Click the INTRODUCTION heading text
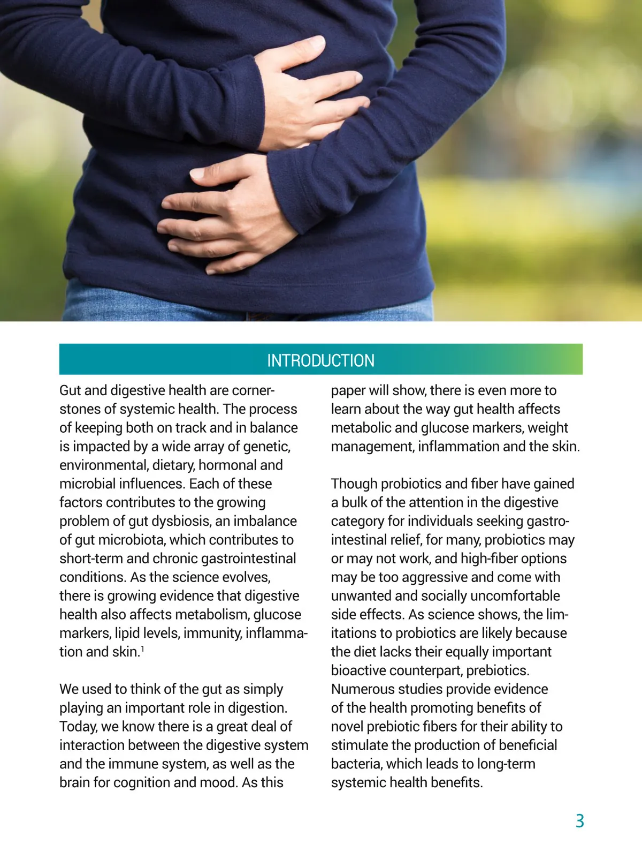(x=320, y=360)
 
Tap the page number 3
(x=579, y=821)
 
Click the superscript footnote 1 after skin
(x=142, y=648)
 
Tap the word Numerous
(x=360, y=689)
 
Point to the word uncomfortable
(x=516, y=596)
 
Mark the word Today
(x=78, y=727)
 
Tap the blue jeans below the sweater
(x=160, y=305)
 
